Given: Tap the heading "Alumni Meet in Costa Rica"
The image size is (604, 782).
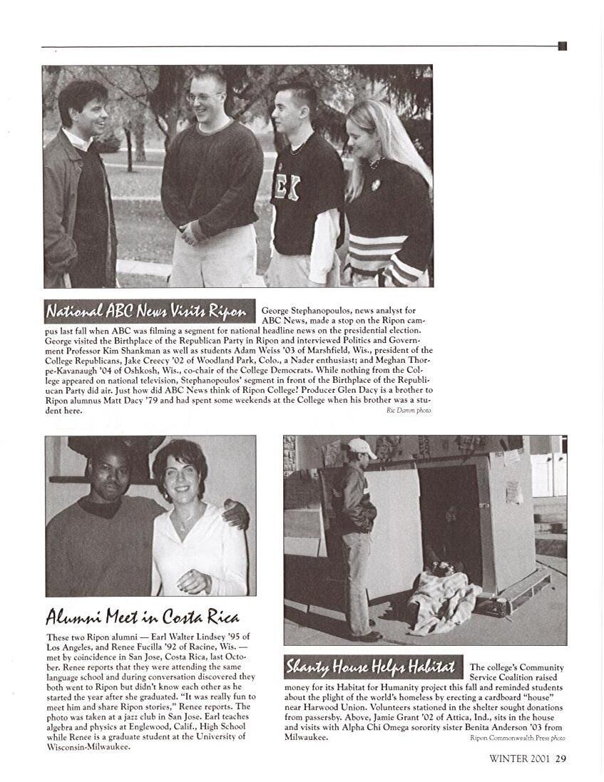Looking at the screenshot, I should click(143, 616).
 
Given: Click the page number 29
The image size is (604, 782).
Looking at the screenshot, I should click(561, 758).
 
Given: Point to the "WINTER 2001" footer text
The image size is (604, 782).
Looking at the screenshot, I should click(519, 758).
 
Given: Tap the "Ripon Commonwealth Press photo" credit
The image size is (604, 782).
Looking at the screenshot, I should click(518, 738).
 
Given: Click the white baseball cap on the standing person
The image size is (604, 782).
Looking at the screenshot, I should click(362, 447).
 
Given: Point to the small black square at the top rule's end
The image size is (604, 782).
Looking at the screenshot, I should click(562, 46).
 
